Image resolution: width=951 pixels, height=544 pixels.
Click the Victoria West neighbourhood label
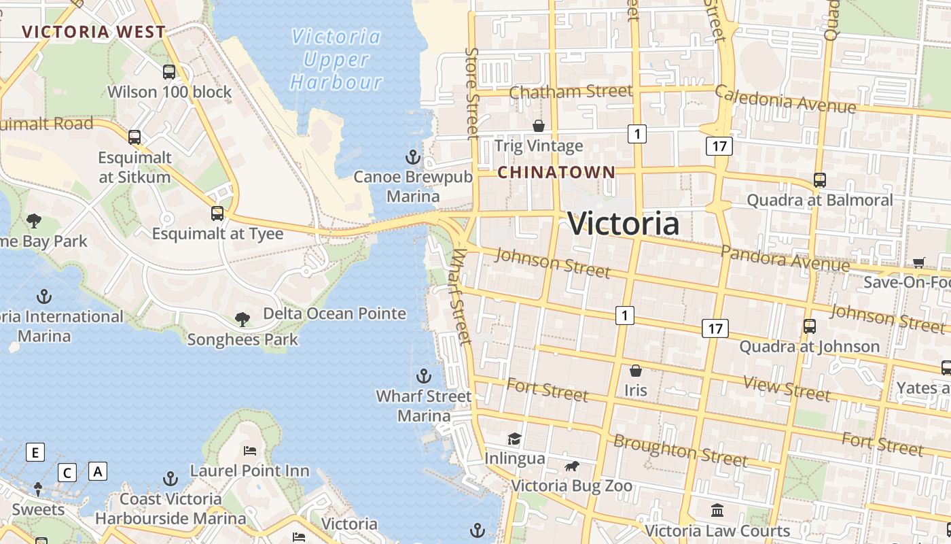94,32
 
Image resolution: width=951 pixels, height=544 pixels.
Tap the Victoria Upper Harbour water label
336,59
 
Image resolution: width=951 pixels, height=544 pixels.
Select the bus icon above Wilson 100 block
168,71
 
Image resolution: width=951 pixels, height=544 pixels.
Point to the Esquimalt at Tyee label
217,233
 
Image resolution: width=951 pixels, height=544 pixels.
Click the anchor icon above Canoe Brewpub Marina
412,158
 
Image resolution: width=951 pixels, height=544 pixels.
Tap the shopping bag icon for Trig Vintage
539,126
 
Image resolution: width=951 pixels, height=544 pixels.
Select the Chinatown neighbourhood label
556,173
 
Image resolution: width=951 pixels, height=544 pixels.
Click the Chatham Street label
571,91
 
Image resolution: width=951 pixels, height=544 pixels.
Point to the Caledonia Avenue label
785,100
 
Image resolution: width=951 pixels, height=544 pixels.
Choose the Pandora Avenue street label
785,258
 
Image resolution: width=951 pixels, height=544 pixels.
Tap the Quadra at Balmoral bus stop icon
820,180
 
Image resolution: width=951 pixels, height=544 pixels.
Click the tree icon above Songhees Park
242,319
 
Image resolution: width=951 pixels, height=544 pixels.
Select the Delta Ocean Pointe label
334,313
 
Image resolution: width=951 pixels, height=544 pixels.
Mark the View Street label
787,388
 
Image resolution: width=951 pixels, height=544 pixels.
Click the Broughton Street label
680,450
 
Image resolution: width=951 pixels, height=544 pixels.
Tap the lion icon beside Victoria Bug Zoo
572,466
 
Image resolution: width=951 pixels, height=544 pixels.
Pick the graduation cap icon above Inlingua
514,439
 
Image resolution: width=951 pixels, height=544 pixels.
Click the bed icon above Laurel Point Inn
249,450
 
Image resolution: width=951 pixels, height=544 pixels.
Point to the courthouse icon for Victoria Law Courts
717,510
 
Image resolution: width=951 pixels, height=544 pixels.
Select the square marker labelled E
35,452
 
